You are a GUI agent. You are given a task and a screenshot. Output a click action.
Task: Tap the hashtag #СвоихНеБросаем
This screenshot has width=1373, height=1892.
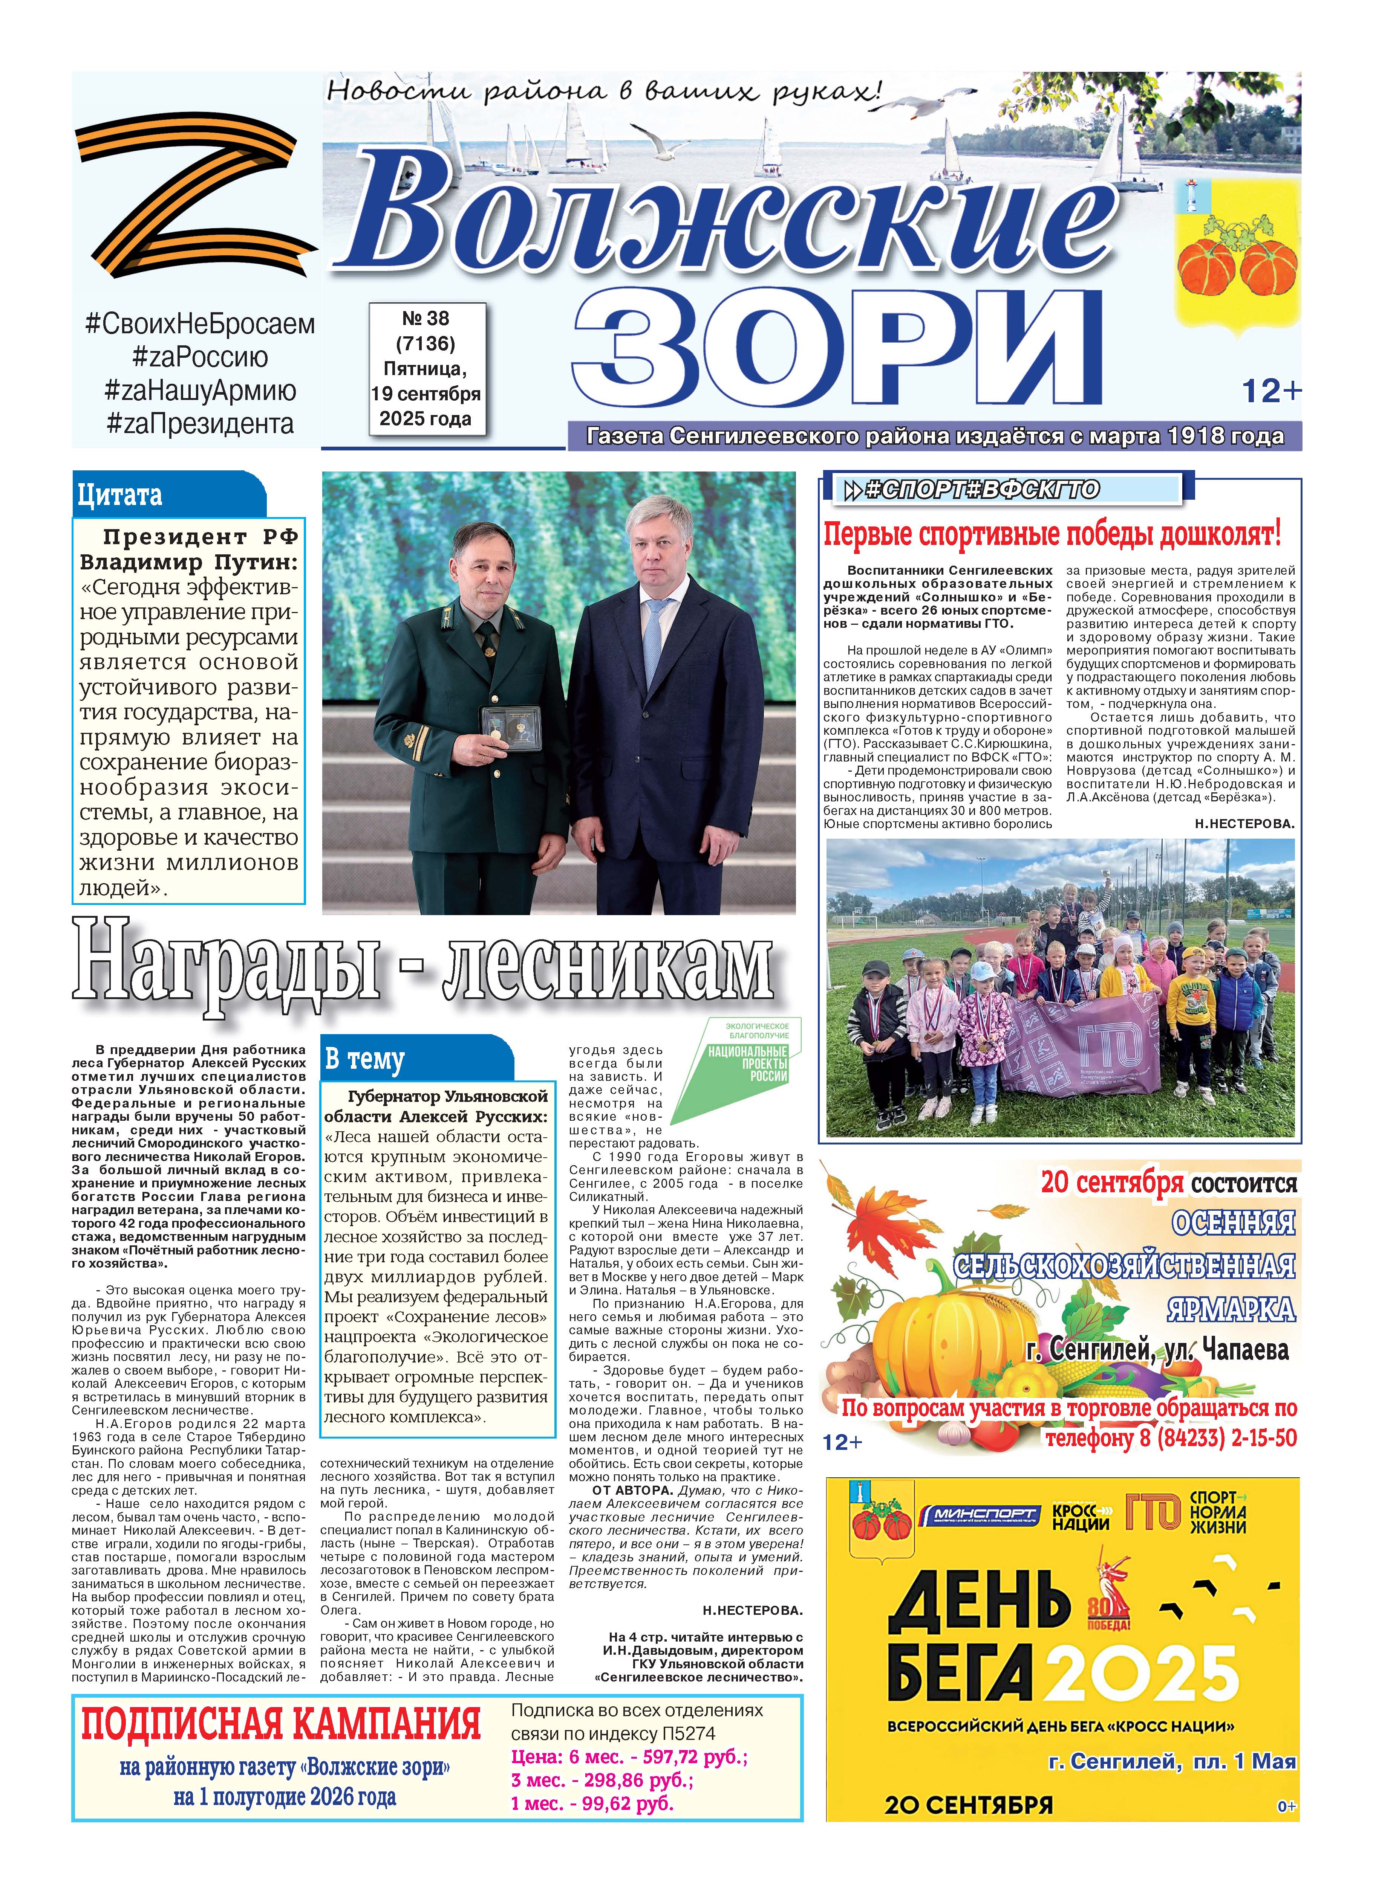pos(201,323)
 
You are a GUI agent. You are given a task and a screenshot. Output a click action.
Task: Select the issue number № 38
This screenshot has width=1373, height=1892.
pos(426,319)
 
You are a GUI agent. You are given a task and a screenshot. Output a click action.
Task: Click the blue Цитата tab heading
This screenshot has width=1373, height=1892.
pos(121,496)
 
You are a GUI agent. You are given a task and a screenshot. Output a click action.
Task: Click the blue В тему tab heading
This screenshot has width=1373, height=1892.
pos(365,1059)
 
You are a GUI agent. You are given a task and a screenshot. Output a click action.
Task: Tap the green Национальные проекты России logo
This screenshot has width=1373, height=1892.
pos(735,1070)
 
